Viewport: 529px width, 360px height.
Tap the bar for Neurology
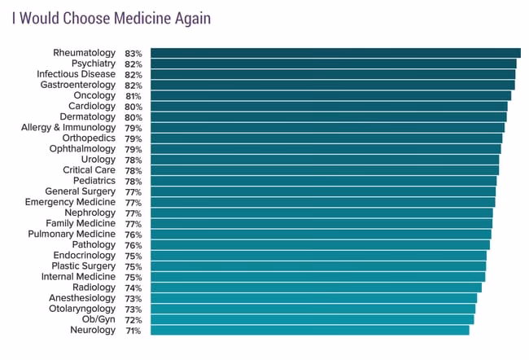click(x=309, y=330)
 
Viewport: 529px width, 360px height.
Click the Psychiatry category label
click(x=94, y=64)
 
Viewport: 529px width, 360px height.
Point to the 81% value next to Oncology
click(x=133, y=95)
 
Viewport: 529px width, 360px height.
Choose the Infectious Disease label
click(x=77, y=74)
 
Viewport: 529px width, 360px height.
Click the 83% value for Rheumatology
click(x=133, y=53)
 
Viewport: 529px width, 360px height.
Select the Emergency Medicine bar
click(x=322, y=202)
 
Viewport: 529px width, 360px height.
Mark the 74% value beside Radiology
click(x=133, y=288)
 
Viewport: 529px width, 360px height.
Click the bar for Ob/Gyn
click(x=312, y=319)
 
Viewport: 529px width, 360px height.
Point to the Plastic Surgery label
click(x=84, y=266)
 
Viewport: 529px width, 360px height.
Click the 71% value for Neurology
click(x=133, y=331)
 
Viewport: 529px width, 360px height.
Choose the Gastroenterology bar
click(x=332, y=85)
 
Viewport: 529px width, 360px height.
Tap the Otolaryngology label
click(x=82, y=309)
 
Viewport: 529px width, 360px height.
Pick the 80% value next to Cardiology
click(x=133, y=107)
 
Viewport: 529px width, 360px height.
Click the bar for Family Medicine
click(x=321, y=223)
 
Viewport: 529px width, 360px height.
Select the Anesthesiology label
click(x=83, y=298)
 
